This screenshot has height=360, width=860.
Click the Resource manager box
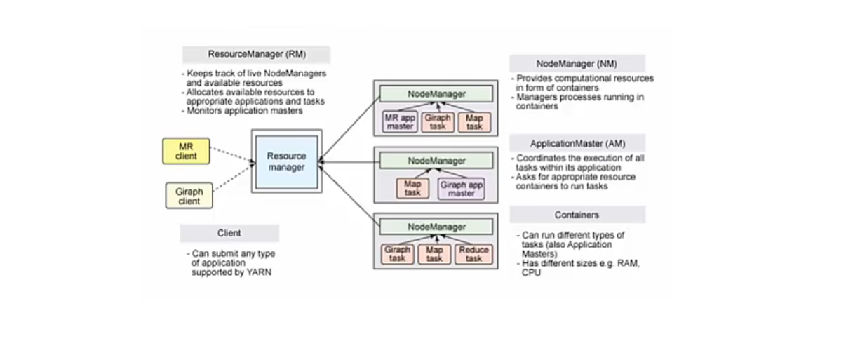pyautogui.click(x=285, y=162)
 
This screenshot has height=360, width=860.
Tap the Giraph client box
pyautogui.click(x=188, y=196)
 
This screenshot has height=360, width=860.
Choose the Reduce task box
pyautogui.click(x=473, y=254)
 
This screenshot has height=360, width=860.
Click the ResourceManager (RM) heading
pyautogui.click(x=255, y=55)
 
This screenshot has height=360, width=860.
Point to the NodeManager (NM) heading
pyautogui.click(x=577, y=63)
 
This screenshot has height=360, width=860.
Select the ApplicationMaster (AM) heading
pyautogui.click(x=577, y=143)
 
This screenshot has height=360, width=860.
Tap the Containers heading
pyautogui.click(x=577, y=215)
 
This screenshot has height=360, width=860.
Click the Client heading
pyautogui.click(x=229, y=233)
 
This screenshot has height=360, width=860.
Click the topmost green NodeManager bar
pyautogui.click(x=436, y=94)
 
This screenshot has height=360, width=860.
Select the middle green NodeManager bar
pyautogui.click(x=436, y=161)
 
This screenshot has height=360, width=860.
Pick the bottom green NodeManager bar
pyautogui.click(x=436, y=227)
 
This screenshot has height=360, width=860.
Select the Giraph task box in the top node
pyautogui.click(x=437, y=122)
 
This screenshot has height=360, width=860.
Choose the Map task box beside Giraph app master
pyautogui.click(x=412, y=188)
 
